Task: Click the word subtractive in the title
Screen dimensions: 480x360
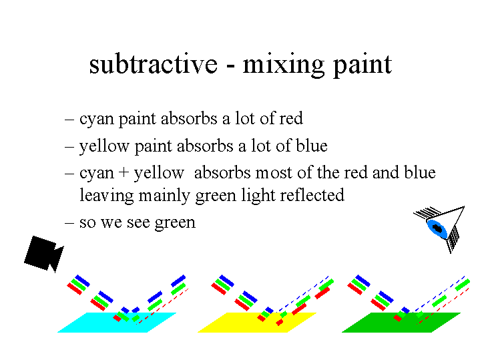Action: [154, 64]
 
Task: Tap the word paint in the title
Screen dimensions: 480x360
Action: [363, 65]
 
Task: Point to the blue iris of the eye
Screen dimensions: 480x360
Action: [437, 228]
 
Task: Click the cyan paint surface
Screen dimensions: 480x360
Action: [117, 323]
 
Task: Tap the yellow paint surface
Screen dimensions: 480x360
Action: [256, 323]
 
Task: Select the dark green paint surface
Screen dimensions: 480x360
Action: [401, 323]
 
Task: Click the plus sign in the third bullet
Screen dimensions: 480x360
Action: [124, 172]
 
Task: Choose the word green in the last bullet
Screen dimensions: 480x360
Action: [175, 223]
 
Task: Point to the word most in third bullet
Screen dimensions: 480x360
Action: [274, 173]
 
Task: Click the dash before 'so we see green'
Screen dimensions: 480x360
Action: [69, 222]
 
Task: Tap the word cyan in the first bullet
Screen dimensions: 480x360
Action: [97, 119]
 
